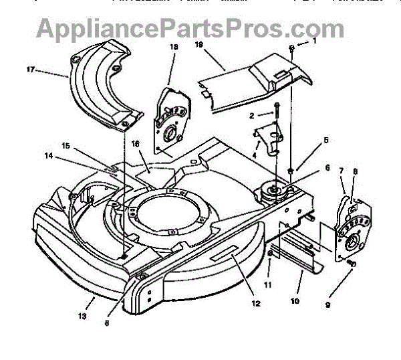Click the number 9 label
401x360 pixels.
(x=327, y=306)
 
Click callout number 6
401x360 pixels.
(x=309, y=169)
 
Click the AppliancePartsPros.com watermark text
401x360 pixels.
(x=190, y=28)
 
